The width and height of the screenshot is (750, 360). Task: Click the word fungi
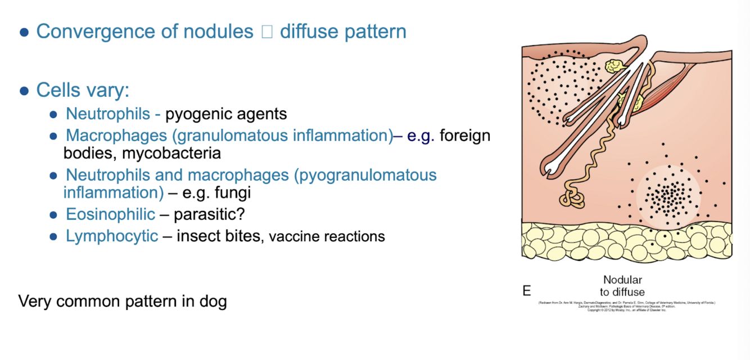click(233, 192)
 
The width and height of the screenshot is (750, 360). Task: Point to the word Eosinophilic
click(110, 214)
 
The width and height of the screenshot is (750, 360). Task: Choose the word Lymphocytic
click(112, 236)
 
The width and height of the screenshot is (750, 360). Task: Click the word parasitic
click(206, 214)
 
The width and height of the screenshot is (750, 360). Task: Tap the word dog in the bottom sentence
click(214, 301)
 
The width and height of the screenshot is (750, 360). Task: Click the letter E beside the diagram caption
click(527, 291)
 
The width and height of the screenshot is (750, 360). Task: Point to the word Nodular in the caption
click(622, 280)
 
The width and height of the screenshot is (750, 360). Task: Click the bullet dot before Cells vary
click(24, 91)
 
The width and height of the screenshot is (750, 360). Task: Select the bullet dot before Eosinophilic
click(53, 215)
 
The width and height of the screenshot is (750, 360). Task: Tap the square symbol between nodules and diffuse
click(267, 32)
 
